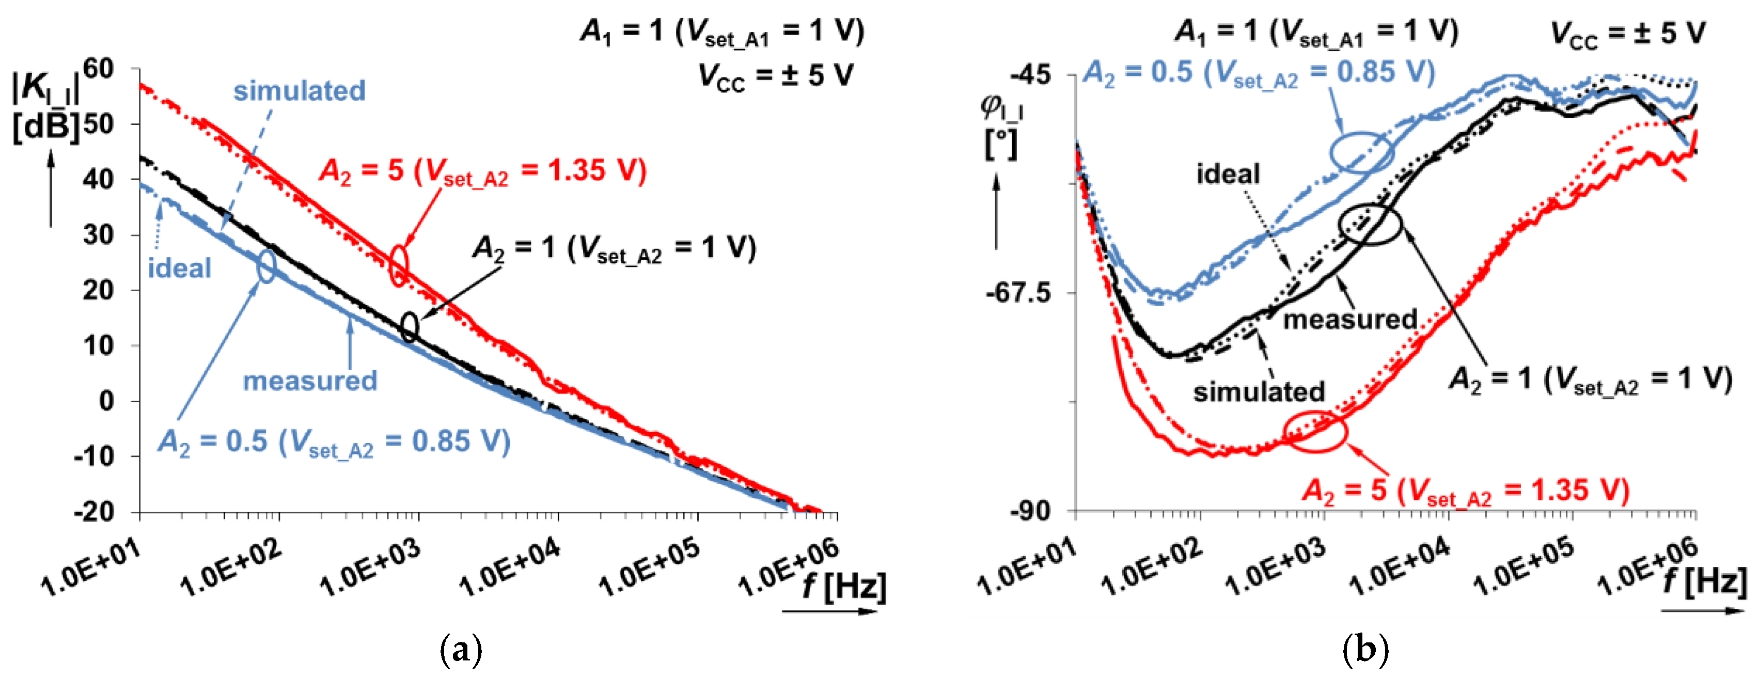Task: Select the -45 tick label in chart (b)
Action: pyautogui.click(x=1031, y=74)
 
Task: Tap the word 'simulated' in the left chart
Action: pyautogui.click(x=299, y=90)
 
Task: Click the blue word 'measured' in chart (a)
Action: pyautogui.click(x=310, y=380)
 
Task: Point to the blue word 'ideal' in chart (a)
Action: pyautogui.click(x=179, y=267)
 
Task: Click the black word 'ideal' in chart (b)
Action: pyautogui.click(x=1228, y=174)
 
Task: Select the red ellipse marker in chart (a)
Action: pyautogui.click(x=399, y=264)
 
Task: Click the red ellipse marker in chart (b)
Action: pyautogui.click(x=1314, y=432)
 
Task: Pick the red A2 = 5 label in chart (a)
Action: pyautogui.click(x=482, y=171)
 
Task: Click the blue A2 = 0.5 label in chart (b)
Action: pyautogui.click(x=1259, y=72)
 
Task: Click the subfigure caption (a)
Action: pyautogui.click(x=462, y=649)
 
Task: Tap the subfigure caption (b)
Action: pyautogui.click(x=1365, y=649)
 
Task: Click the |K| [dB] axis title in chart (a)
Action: pyautogui.click(x=46, y=106)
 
